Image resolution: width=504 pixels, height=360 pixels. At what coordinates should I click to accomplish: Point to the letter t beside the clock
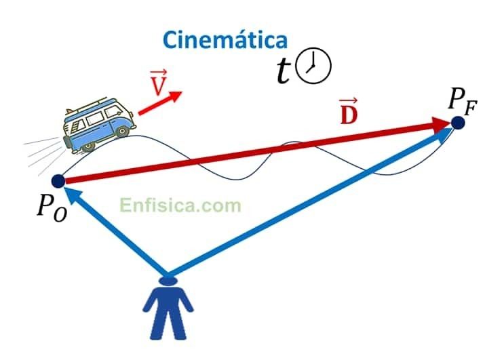(x=284, y=71)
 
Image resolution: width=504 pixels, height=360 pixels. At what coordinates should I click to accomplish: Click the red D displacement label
(x=348, y=112)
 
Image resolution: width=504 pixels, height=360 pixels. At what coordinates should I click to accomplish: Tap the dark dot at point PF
(x=458, y=123)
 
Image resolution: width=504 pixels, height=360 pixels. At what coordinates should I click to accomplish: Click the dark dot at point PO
(x=58, y=180)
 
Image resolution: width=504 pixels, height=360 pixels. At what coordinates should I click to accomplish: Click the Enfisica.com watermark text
(x=180, y=203)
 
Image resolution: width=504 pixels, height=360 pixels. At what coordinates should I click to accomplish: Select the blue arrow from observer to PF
(x=305, y=203)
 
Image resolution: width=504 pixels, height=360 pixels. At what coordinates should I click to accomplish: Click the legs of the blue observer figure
(x=167, y=325)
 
